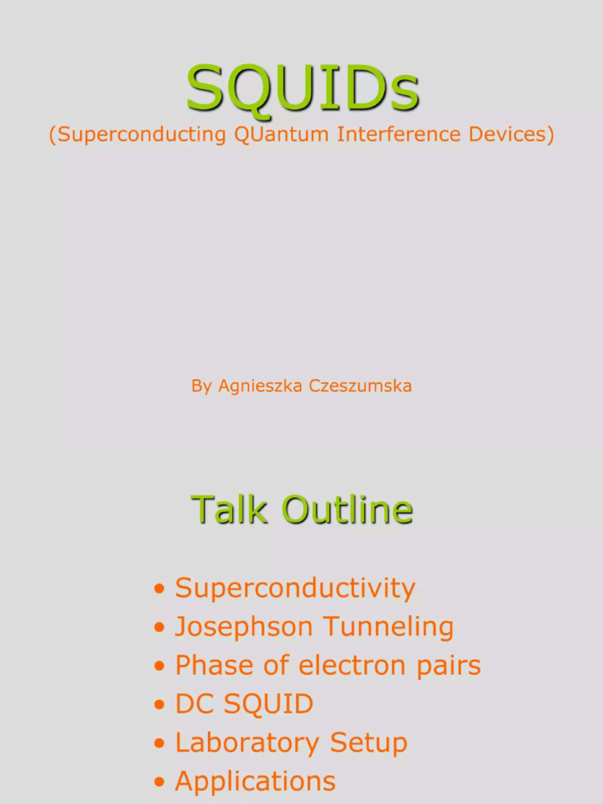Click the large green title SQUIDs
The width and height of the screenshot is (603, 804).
point(302,88)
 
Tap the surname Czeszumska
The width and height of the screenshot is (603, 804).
point(360,386)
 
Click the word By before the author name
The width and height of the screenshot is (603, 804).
point(201,386)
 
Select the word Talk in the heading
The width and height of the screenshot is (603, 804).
point(231,510)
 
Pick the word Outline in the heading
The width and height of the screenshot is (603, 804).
point(347,510)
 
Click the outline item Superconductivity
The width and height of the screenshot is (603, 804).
point(294,588)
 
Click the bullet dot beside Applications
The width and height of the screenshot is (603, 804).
point(160,782)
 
